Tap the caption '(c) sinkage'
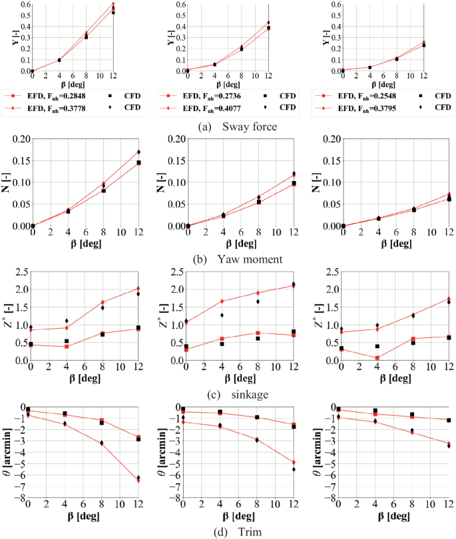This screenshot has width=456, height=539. point(228,393)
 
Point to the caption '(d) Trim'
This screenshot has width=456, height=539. point(228,530)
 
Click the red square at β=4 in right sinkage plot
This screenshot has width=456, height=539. point(377,358)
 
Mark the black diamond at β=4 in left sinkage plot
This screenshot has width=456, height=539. point(67,321)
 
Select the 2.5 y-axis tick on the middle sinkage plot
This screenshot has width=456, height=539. point(176,271)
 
